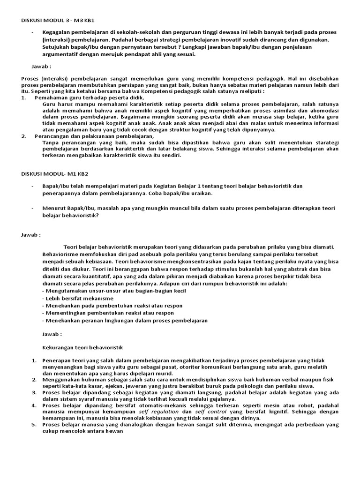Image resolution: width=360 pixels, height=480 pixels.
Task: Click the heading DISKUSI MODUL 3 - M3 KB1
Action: [61, 21]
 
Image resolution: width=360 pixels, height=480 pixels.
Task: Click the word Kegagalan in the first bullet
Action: [58, 32]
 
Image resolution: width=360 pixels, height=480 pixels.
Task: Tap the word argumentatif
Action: [61, 54]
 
